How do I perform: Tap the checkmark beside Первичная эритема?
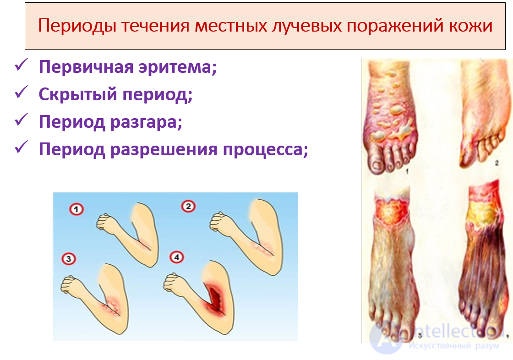point(22,66)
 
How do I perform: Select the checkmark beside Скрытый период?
point(22,94)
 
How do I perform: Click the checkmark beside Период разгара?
point(22,121)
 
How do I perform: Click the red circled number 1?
point(76,210)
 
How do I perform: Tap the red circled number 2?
point(188,207)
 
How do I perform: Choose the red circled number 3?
point(68,259)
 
